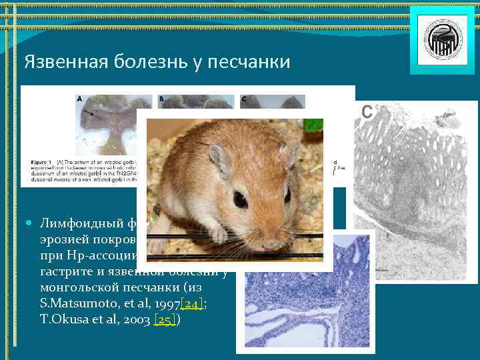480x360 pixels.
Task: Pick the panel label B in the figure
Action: click(x=161, y=99)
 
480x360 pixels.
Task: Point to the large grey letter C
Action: click(x=367, y=111)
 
